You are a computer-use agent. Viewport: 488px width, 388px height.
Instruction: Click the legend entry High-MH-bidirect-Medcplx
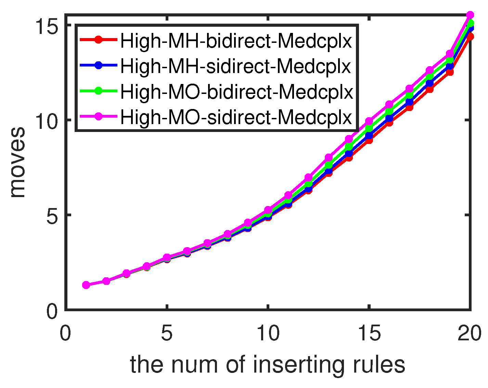click(236, 41)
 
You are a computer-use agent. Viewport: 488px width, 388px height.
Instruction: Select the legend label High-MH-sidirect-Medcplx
click(235, 66)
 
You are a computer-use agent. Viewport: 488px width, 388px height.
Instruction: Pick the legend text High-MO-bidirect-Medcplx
click(236, 92)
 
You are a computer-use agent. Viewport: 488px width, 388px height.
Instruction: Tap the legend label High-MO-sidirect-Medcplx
click(236, 117)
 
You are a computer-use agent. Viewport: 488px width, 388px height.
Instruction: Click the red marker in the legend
click(99, 40)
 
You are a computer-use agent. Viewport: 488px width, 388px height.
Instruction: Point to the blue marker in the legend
click(99, 65)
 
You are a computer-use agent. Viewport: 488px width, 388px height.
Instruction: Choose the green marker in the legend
click(99, 90)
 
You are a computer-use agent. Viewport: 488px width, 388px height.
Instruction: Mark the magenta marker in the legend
click(99, 116)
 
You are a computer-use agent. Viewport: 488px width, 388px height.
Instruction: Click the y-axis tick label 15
click(47, 26)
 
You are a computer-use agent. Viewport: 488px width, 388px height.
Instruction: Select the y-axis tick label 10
click(47, 121)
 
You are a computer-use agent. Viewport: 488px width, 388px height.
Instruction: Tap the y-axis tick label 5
click(52, 216)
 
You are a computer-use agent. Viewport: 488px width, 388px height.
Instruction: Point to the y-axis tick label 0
click(52, 311)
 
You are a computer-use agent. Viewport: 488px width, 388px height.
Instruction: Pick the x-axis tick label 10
click(268, 333)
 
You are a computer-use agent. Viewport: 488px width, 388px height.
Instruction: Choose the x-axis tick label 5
click(167, 333)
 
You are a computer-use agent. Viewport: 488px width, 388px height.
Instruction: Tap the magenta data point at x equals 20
click(470, 15)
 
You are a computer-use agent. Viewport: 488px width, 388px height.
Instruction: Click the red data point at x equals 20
click(470, 37)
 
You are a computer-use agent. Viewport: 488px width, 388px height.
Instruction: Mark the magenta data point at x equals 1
click(86, 285)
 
